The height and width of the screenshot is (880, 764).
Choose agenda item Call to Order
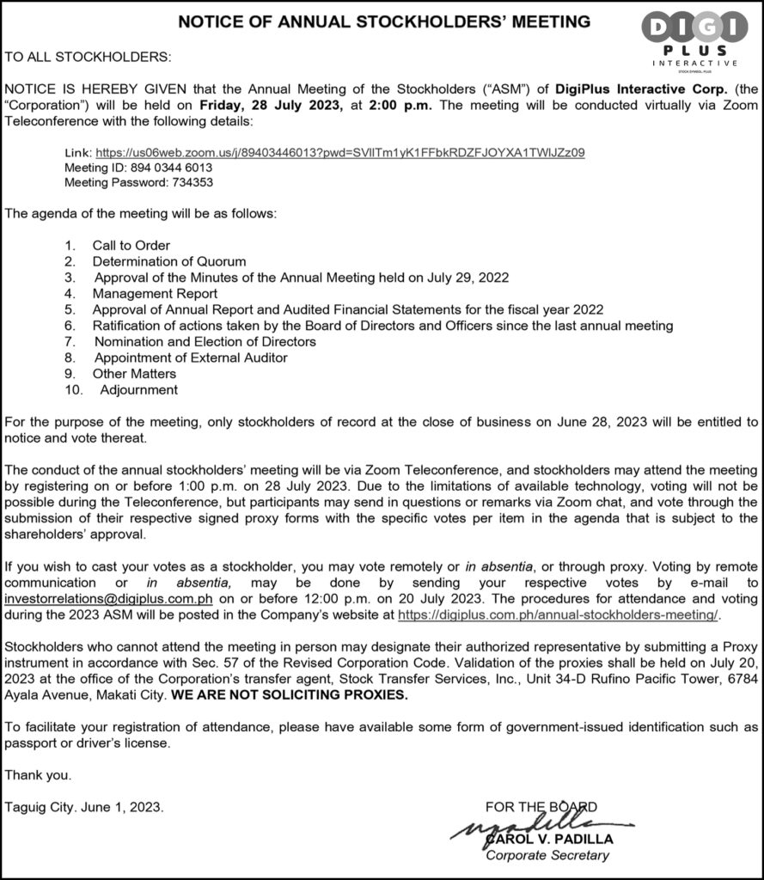(x=131, y=245)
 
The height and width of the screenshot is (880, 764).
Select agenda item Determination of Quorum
(x=169, y=261)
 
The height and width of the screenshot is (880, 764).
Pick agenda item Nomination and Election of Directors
(x=205, y=341)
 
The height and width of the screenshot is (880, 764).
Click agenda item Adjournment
(x=138, y=389)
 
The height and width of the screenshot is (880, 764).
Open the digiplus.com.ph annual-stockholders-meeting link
(x=558, y=615)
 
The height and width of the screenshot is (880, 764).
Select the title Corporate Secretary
(x=547, y=855)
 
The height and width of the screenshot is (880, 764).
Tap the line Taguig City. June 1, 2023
(x=83, y=807)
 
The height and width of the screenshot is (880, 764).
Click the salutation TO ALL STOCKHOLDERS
(x=89, y=58)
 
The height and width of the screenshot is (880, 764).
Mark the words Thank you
(x=38, y=775)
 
